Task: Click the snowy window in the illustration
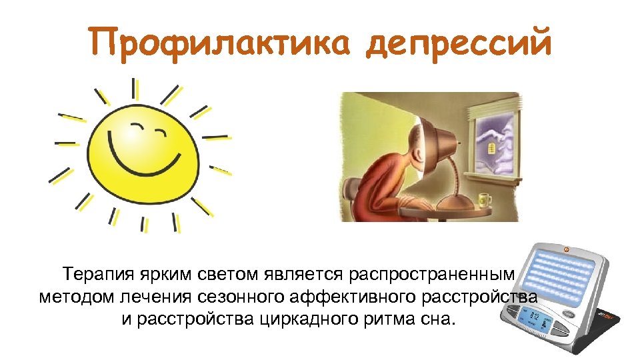point(493,143)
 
